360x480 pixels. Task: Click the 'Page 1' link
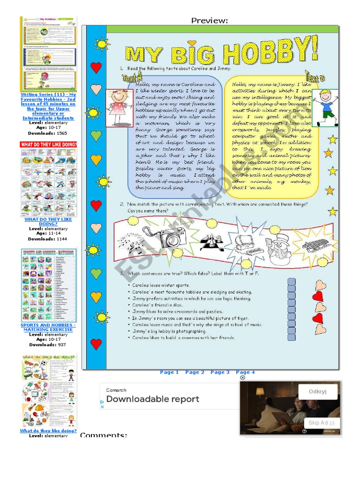tap(169, 372)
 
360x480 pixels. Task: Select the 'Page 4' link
tap(245, 372)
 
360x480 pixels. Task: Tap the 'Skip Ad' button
tap(321, 422)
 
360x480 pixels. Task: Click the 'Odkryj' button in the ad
tap(317, 392)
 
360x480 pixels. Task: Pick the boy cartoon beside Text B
tap(327, 107)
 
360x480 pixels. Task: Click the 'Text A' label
tap(131, 79)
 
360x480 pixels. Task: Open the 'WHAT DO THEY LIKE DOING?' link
tap(48, 222)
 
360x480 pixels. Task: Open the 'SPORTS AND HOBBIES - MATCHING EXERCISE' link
tap(48, 327)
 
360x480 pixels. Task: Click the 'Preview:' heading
tap(210, 20)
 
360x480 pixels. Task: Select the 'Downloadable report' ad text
tap(152, 399)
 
